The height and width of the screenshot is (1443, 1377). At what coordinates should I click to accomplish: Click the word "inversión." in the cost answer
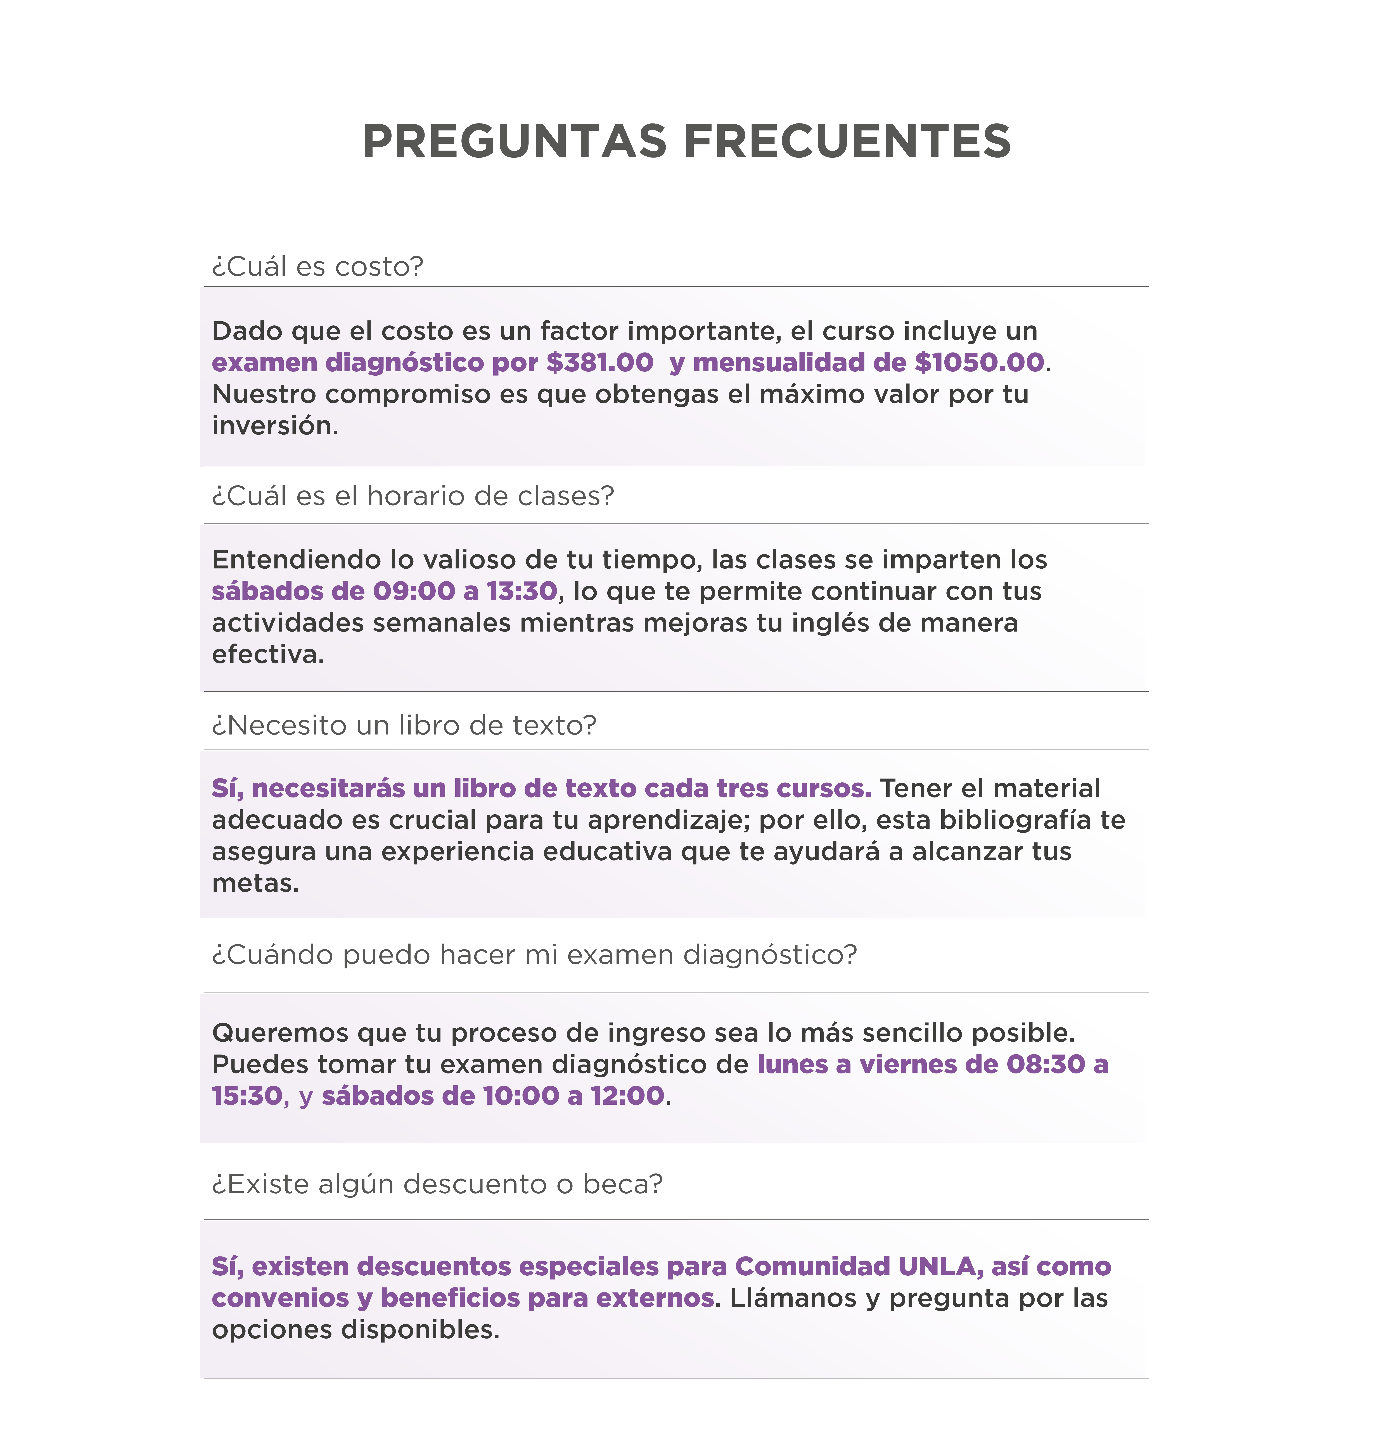point(275,425)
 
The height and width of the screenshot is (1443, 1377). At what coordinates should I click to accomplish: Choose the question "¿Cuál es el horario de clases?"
point(413,496)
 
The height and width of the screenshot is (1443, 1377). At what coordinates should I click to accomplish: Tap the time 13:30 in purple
point(522,591)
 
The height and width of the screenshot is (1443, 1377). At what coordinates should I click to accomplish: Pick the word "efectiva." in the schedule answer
point(268,654)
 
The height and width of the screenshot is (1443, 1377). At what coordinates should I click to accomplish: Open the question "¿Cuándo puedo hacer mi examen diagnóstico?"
point(534,954)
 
